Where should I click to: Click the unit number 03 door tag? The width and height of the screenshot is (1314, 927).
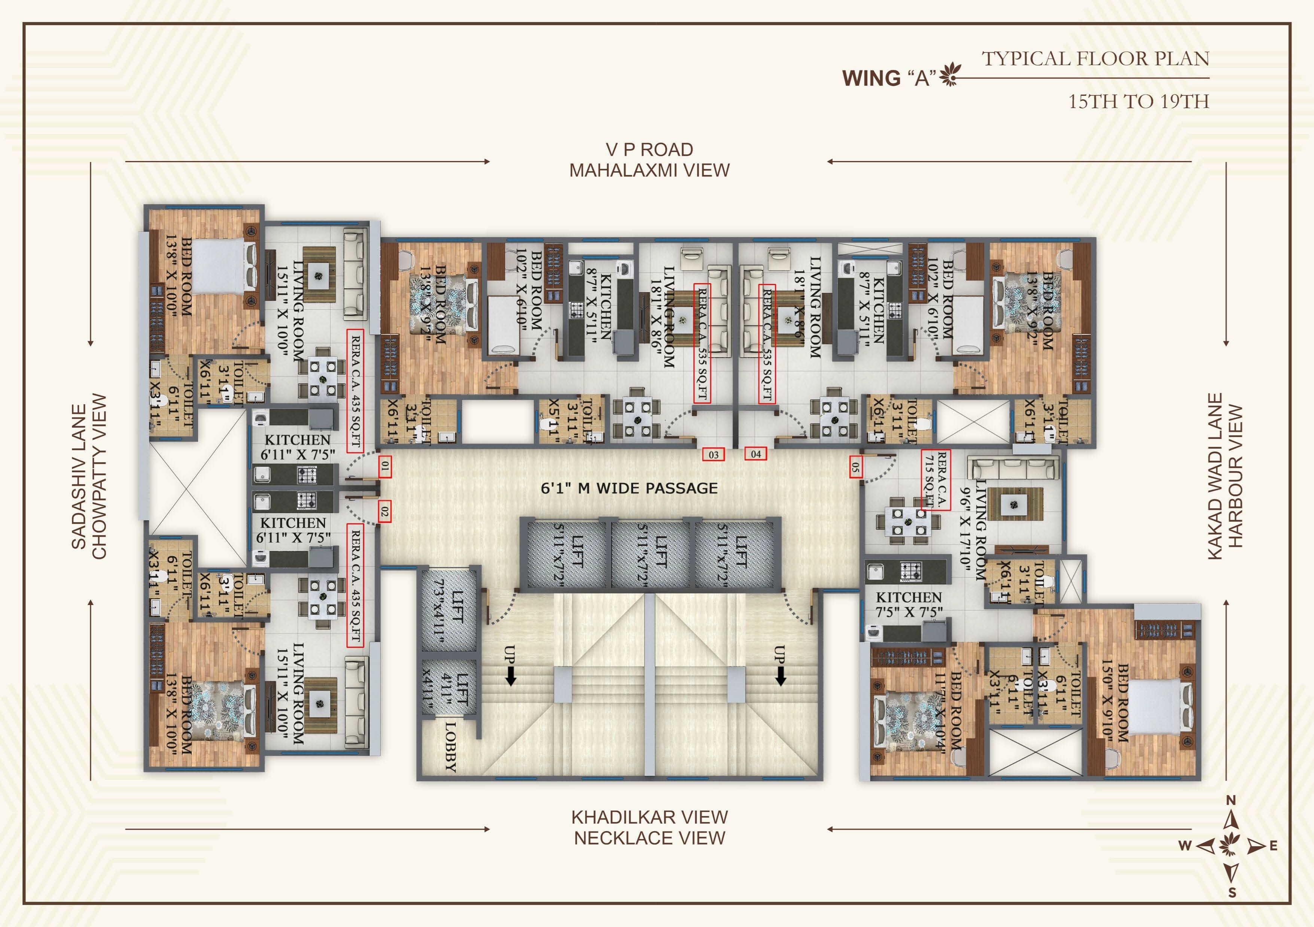click(x=714, y=455)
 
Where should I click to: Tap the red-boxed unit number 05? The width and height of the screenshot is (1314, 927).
click(x=855, y=467)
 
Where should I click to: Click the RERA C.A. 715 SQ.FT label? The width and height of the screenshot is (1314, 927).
click(x=935, y=479)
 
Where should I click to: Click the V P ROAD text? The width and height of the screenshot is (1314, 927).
click(x=649, y=149)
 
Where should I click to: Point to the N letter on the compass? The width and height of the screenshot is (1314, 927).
click(x=1231, y=800)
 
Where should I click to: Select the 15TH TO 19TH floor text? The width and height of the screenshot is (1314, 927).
click(x=1138, y=102)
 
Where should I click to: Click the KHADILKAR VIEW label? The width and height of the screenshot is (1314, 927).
click(x=649, y=817)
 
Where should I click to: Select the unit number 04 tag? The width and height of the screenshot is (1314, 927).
click(x=755, y=454)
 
